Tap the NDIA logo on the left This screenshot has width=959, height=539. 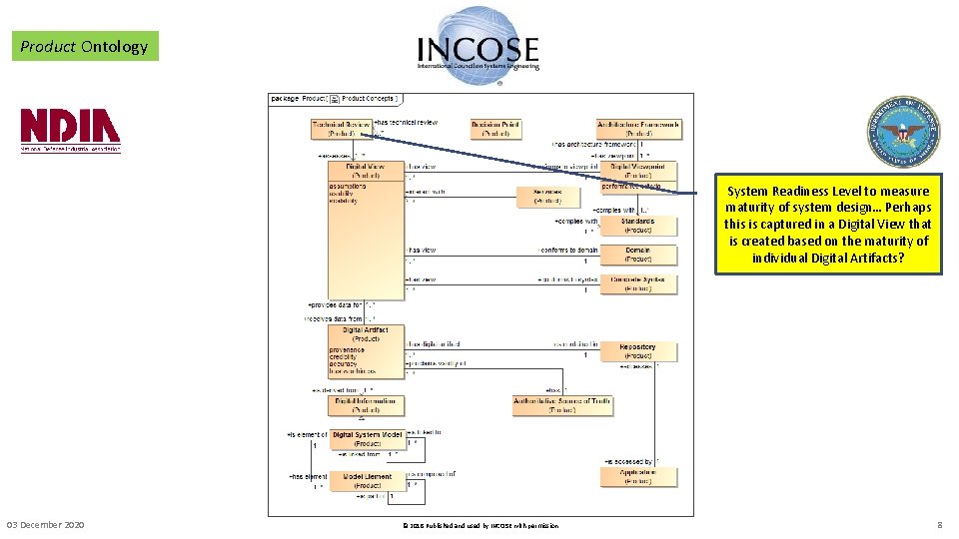pyautogui.click(x=71, y=131)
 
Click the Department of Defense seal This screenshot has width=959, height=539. pyautogui.click(x=903, y=131)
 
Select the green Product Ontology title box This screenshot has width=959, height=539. pyautogui.click(x=85, y=46)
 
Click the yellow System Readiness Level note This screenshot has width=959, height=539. pyautogui.click(x=828, y=224)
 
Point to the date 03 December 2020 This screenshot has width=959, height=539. pyautogui.click(x=46, y=525)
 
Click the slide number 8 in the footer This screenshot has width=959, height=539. pyautogui.click(x=939, y=525)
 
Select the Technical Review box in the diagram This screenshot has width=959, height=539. pyautogui.click(x=341, y=129)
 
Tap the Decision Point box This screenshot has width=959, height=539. pyautogui.click(x=495, y=129)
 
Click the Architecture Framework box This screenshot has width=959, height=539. pyautogui.click(x=638, y=129)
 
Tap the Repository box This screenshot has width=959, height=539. pyautogui.click(x=637, y=351)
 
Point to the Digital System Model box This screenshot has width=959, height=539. pyautogui.click(x=367, y=439)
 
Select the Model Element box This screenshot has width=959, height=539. pyautogui.click(x=367, y=481)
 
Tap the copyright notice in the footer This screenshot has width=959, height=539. pyautogui.click(x=479, y=526)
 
